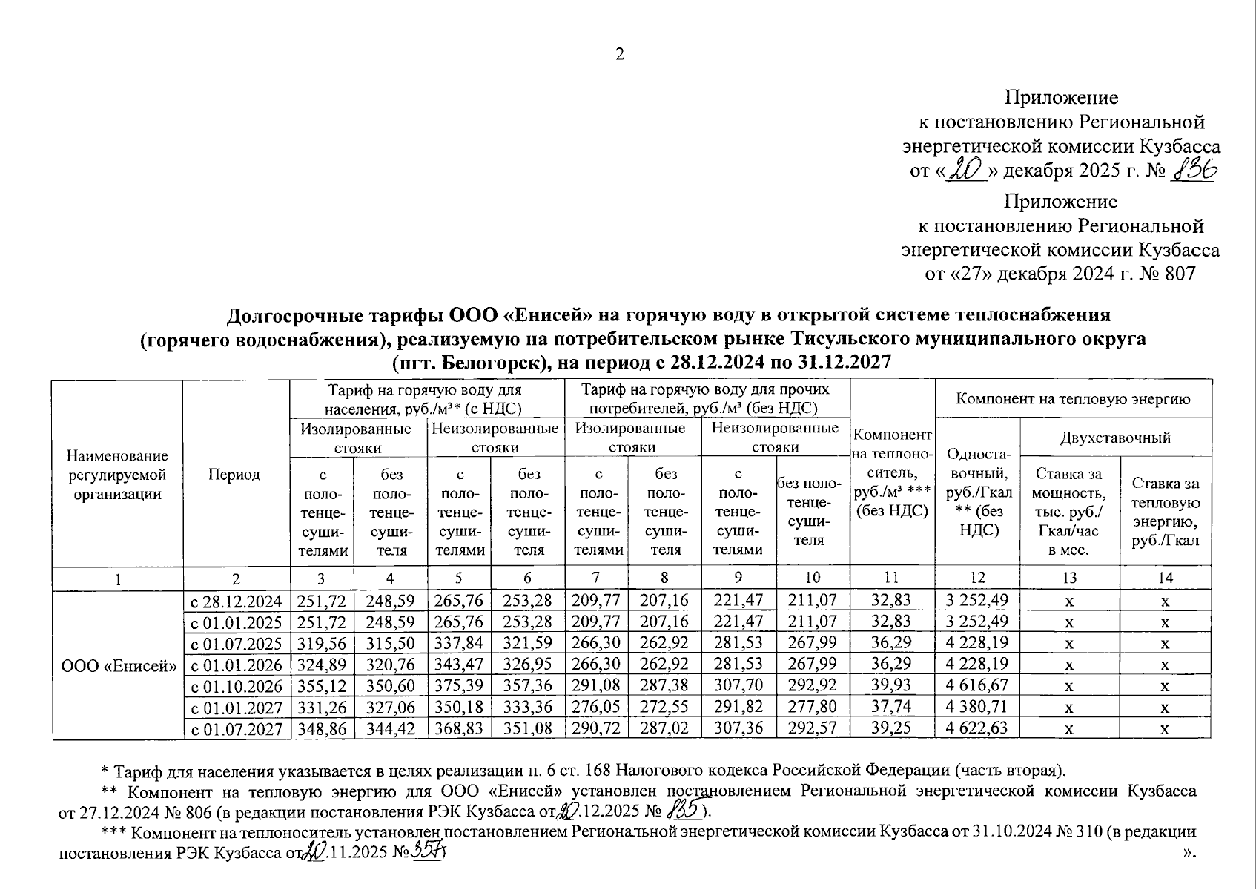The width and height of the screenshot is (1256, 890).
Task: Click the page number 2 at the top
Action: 620,54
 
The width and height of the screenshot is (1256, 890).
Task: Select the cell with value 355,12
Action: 322,685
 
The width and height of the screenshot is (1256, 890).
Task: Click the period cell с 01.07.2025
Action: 237,642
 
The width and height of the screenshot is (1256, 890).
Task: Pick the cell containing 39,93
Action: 891,685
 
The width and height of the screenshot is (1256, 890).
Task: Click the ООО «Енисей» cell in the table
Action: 118,665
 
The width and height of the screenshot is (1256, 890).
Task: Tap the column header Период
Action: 234,475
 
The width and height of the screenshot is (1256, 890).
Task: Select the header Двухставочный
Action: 1115,438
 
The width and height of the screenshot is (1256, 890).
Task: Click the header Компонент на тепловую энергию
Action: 1073,399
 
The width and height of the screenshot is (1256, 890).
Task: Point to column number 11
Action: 891,578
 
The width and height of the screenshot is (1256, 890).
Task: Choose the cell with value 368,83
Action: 459,728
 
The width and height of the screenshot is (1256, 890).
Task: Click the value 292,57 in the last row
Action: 812,728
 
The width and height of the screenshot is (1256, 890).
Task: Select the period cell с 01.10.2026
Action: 237,685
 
